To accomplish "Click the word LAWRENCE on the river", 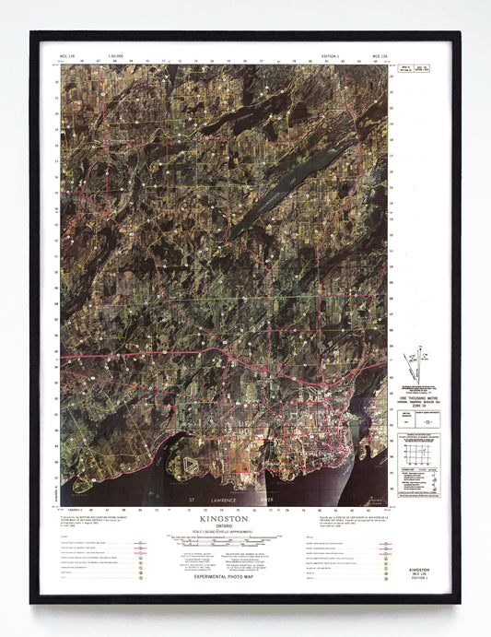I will click(221, 501).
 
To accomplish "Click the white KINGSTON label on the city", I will click(318, 454).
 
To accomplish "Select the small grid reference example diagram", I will click(419, 459).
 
